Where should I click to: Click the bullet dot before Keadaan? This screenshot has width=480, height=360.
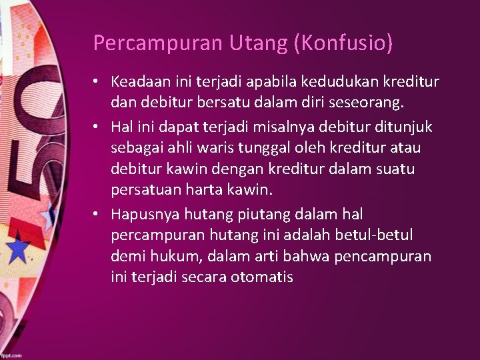[97, 82]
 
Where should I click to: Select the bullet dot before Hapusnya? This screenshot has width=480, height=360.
[97, 213]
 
